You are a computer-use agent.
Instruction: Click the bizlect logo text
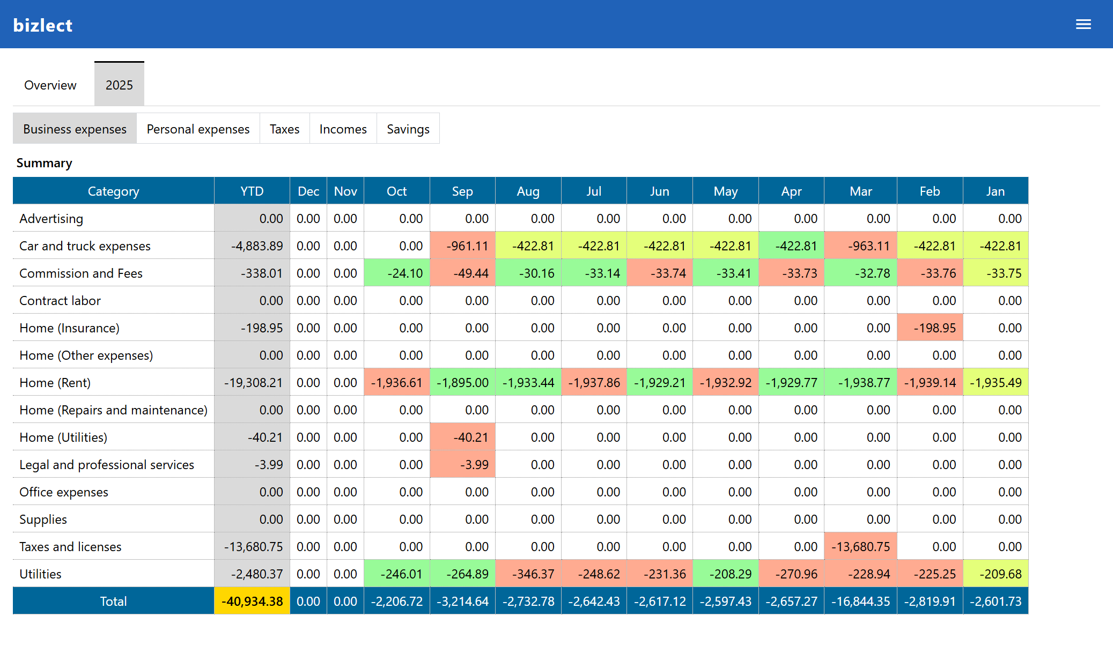tap(42, 25)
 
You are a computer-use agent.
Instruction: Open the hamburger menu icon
tap(1083, 24)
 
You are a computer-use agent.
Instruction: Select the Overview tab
tap(50, 85)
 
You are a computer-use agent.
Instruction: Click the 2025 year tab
tap(119, 85)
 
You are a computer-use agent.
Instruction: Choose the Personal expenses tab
tap(198, 129)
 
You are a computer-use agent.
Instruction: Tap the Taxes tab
tap(284, 129)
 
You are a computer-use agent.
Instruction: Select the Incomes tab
tap(343, 129)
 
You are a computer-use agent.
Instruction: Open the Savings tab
tap(408, 129)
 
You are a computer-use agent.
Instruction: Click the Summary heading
tap(44, 163)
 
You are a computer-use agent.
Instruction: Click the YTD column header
tap(252, 191)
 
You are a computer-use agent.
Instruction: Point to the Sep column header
tap(462, 191)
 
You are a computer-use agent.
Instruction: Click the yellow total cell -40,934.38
tap(252, 601)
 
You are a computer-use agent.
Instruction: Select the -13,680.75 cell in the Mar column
tap(860, 546)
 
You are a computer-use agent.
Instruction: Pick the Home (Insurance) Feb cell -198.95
tap(930, 328)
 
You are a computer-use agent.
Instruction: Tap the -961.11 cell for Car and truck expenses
tap(462, 246)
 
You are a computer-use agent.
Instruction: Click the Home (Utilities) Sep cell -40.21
tap(462, 437)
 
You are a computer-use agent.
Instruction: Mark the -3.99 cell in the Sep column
tap(462, 464)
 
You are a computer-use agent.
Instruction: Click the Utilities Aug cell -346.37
tap(528, 574)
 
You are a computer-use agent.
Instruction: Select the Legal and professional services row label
tap(107, 464)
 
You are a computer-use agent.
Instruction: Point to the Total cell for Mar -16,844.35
tap(860, 601)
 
